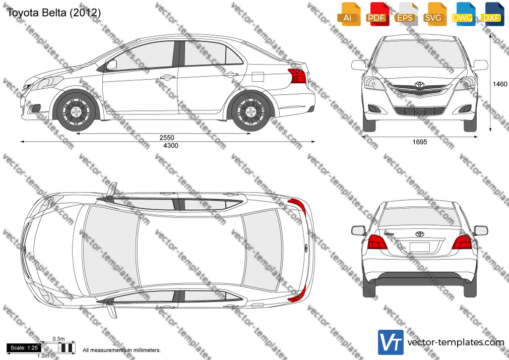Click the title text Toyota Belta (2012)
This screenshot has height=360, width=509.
pyautogui.click(x=53, y=13)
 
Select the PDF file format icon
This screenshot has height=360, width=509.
pyautogui.click(x=377, y=14)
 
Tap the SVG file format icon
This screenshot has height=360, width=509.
pyautogui.click(x=434, y=14)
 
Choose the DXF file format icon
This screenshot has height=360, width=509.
pyautogui.click(x=492, y=14)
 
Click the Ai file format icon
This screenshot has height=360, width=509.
pyautogui.click(x=349, y=14)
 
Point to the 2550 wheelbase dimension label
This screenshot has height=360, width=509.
pyautogui.click(x=167, y=138)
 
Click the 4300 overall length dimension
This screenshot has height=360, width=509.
pyautogui.click(x=171, y=146)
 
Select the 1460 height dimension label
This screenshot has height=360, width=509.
pyautogui.click(x=500, y=84)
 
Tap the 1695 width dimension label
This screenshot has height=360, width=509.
pyautogui.click(x=420, y=142)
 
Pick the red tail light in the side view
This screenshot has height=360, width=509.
pyautogui.click(x=297, y=76)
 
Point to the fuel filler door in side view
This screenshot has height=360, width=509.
pyautogui.click(x=258, y=77)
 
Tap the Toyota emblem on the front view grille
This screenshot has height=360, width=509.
pyautogui.click(x=420, y=85)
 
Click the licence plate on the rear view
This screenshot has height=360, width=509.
pyautogui.click(x=420, y=247)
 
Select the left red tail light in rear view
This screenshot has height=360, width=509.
pyautogui.click(x=377, y=242)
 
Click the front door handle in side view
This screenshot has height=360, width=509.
pyautogui.click(x=167, y=77)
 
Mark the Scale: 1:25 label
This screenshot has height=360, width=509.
pyautogui.click(x=24, y=348)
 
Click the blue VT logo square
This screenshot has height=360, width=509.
pyautogui.click(x=391, y=342)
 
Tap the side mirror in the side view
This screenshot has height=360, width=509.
pyautogui.click(x=111, y=65)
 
